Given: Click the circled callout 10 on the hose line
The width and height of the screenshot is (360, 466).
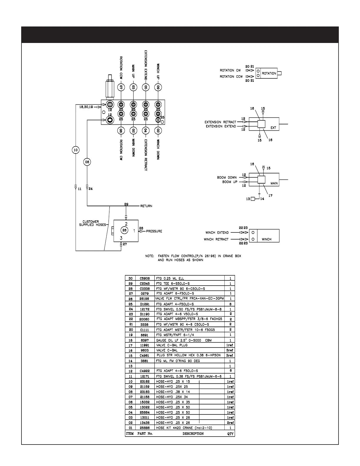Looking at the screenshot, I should [x=76, y=150].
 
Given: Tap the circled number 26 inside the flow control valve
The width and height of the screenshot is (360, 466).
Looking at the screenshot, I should [x=124, y=230].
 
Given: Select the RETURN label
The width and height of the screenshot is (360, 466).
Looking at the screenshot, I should [x=146, y=206].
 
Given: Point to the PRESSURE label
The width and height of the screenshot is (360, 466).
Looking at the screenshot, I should [x=154, y=231].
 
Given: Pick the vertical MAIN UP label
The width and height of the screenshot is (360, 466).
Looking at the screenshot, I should [x=133, y=71].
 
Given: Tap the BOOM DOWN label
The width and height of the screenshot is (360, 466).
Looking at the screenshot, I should [x=227, y=177].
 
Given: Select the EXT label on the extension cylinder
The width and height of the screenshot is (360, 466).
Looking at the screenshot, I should [x=273, y=128].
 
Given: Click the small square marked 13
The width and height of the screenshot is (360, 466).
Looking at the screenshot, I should [x=252, y=199].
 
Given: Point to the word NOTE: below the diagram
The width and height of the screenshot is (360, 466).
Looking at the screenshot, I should [x=149, y=256].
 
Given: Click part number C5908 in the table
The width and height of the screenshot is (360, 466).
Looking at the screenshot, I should [x=145, y=278].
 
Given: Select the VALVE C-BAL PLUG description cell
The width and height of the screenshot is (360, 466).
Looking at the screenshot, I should [x=172, y=345].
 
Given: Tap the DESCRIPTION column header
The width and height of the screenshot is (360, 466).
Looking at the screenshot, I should [x=193, y=434].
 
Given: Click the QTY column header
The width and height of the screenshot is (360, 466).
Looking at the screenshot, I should [x=230, y=434].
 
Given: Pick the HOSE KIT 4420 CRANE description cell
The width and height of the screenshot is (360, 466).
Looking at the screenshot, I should [x=184, y=428].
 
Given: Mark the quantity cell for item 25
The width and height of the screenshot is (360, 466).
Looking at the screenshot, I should [x=230, y=304].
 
